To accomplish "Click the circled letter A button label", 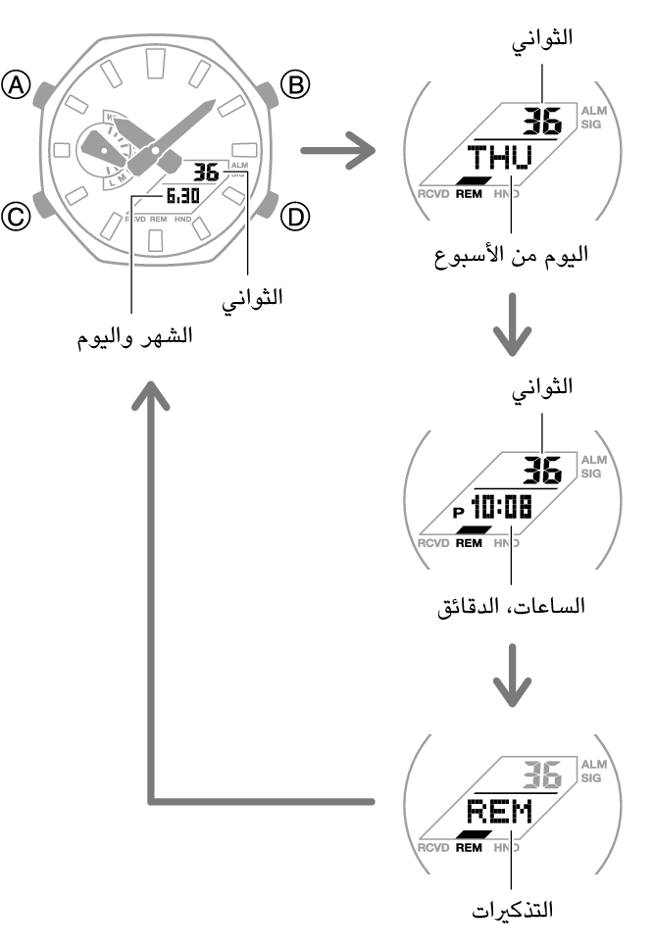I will coord(18,88).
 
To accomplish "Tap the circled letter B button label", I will coord(294,86).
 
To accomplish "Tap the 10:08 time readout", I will coord(501,508).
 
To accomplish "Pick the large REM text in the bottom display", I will coord(497,812).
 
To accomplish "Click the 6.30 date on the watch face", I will coord(182,196).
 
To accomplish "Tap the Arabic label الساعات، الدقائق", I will coord(511,606).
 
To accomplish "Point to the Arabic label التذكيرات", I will coord(511,910).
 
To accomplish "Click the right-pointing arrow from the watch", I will coord(336,152).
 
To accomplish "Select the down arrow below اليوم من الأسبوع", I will coord(511,333).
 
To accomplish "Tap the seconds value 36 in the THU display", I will coord(540,122).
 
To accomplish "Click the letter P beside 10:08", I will coord(457,512).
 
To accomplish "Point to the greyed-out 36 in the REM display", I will coord(540,775).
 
